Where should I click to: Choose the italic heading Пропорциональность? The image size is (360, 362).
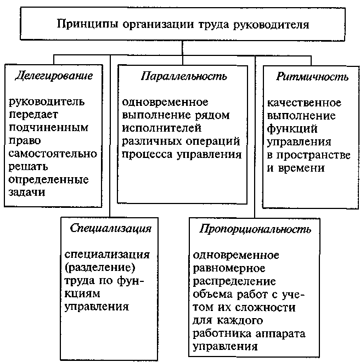[255, 228]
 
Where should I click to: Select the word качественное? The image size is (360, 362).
[304, 103]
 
